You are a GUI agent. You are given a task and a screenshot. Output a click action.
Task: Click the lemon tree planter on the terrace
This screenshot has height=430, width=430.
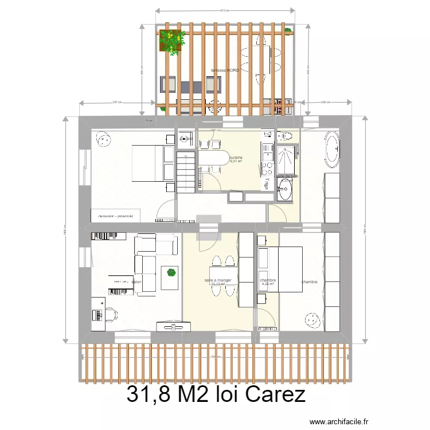point(172,41)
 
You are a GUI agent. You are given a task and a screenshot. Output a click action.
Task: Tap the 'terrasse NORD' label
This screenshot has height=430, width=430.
point(225,71)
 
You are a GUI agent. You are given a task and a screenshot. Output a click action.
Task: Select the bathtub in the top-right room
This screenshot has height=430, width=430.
point(333,150)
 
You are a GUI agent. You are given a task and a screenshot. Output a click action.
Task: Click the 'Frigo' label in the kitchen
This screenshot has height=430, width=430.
point(267,184)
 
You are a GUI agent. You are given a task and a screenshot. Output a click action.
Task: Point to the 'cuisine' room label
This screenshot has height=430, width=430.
point(236,157)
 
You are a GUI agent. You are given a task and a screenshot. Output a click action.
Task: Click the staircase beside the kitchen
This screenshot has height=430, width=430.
point(186,172)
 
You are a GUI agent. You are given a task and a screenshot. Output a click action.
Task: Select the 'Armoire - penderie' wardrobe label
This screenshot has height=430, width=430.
point(115,216)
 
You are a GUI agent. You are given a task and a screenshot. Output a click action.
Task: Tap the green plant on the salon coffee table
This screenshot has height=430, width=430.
point(171,272)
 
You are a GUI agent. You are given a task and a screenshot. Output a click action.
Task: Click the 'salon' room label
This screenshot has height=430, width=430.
point(136,282)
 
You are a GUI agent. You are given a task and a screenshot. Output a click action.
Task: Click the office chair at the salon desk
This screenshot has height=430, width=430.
point(111,314)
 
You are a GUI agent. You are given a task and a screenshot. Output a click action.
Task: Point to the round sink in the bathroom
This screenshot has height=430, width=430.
point(284,186)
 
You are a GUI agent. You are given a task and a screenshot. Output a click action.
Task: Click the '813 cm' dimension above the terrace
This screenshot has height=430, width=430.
point(225,10)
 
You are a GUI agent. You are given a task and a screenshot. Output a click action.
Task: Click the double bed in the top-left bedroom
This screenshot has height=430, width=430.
point(153,163)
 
